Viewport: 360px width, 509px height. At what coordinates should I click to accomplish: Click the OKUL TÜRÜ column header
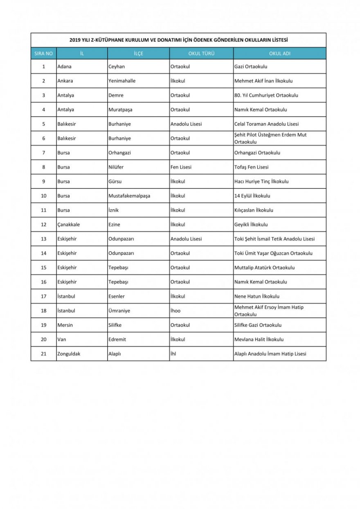click(201, 54)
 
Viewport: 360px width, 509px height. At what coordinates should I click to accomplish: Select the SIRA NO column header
click(43, 54)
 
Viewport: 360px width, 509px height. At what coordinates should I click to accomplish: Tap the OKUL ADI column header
click(280, 54)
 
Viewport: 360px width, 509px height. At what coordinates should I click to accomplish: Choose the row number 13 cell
click(44, 239)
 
